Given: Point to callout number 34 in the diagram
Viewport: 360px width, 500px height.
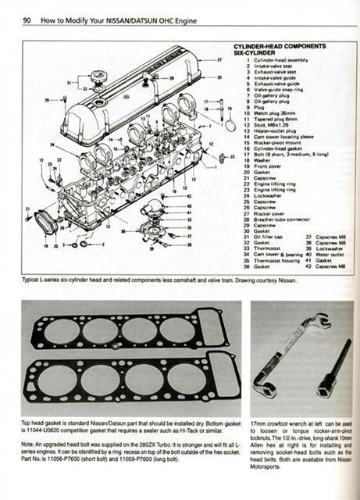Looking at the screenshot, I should click(52, 145).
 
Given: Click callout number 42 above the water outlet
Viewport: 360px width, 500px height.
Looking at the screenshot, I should click(190, 197).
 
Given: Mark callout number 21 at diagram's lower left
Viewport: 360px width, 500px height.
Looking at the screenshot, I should click(28, 209).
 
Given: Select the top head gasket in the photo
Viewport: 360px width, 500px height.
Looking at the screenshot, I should click(129, 329).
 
